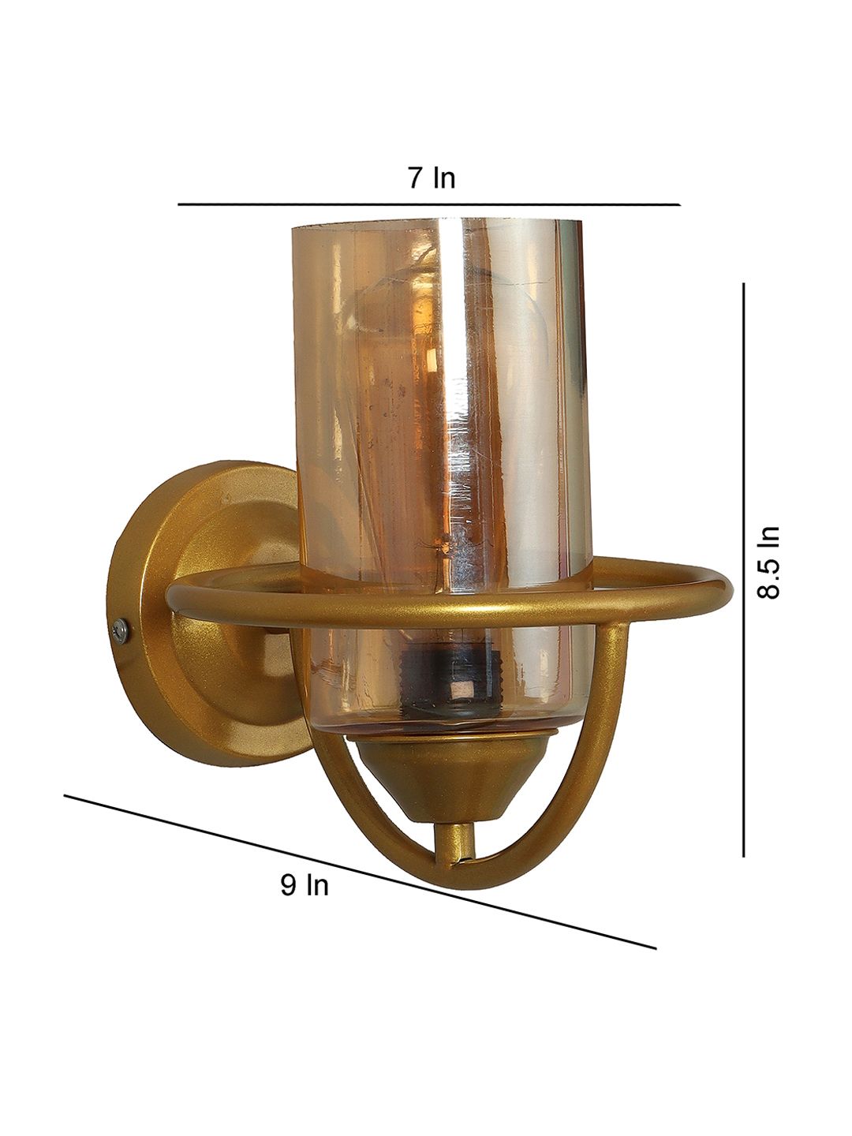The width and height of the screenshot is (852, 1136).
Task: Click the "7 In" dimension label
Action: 432,178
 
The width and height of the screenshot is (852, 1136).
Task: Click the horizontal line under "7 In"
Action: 429,204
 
